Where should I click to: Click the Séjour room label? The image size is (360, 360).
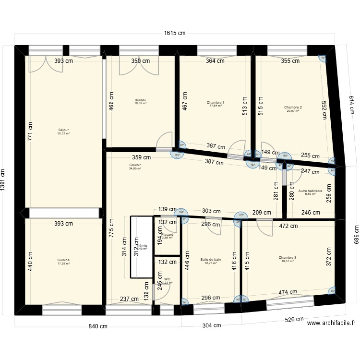point(63,130)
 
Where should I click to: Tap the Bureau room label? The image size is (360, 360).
point(141,101)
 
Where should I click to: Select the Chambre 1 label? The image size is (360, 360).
point(216,103)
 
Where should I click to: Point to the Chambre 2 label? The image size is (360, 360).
point(293,108)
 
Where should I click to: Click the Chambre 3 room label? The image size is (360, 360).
point(288,258)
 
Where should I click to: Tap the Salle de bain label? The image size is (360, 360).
point(211,260)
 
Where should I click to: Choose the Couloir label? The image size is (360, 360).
point(135,164)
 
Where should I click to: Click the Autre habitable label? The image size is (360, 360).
point(310,191)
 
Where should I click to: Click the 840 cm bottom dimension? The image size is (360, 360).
point(97,326)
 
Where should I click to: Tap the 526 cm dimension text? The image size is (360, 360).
point(294,319)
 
